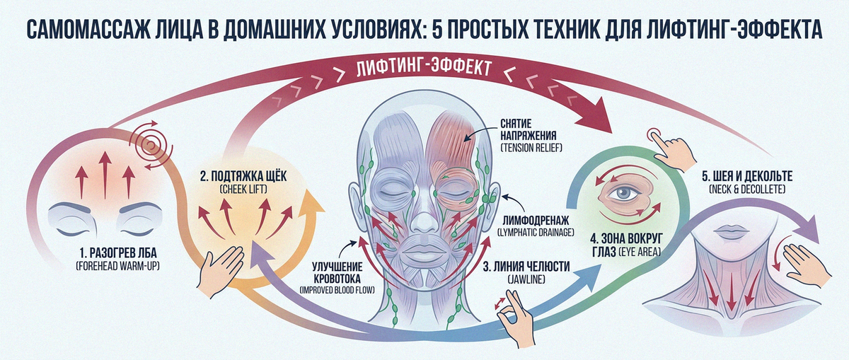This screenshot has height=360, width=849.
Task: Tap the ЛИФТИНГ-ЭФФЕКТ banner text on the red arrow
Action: click(424, 69)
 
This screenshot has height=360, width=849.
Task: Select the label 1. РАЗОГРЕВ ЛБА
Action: click(118, 253)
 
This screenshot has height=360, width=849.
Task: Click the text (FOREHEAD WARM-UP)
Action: click(118, 267)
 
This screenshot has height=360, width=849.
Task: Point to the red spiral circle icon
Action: click(151, 146)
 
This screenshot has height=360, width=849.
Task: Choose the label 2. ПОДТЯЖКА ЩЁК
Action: click(243, 176)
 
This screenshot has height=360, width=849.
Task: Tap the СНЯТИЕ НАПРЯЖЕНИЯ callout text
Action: click(529, 129)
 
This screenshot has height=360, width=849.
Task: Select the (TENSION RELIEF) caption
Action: click(531, 148)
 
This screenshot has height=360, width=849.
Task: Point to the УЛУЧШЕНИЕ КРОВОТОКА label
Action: click(337, 273)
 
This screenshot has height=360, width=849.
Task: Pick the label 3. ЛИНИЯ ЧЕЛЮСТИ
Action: click(526, 267)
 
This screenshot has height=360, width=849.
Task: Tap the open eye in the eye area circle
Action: click(625, 194)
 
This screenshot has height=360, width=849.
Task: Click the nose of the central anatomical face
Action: click(424, 219)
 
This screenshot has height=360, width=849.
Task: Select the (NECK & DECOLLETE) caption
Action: click(747, 189)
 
